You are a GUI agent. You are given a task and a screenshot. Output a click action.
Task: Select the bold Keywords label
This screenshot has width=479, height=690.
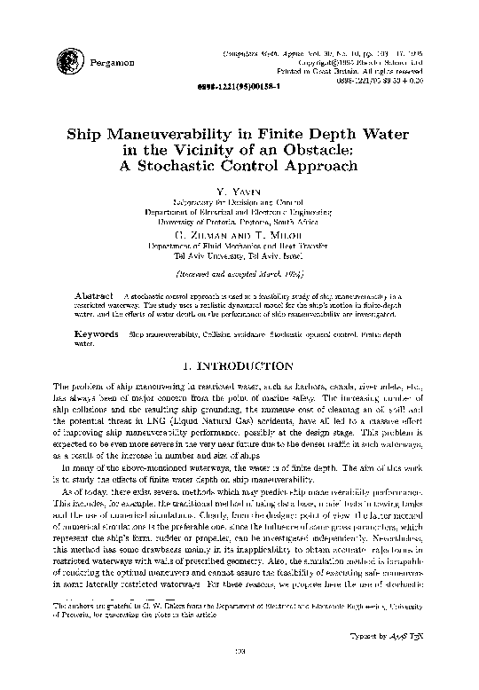[x=98, y=333]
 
